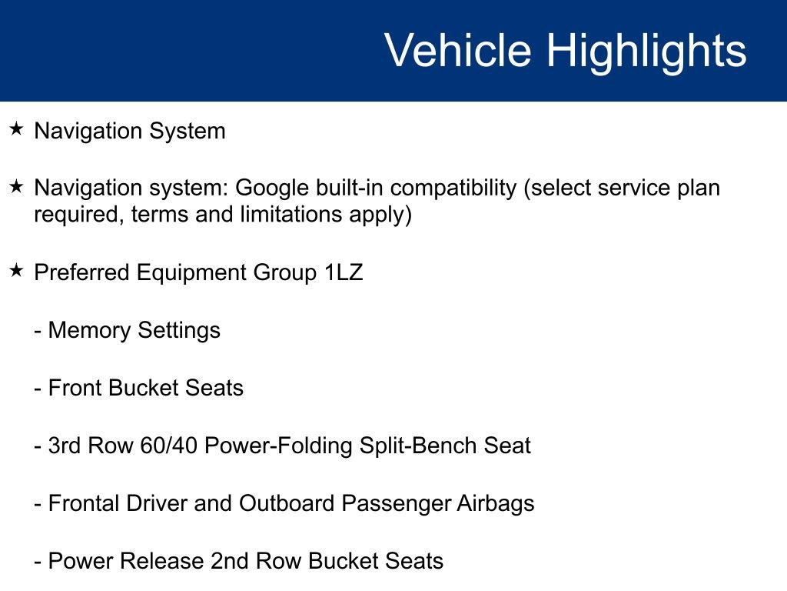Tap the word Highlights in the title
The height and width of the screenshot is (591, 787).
646,51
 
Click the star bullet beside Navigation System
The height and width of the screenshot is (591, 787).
17,129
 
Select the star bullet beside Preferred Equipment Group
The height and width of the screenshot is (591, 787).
17,271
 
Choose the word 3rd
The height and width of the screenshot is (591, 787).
67,446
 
